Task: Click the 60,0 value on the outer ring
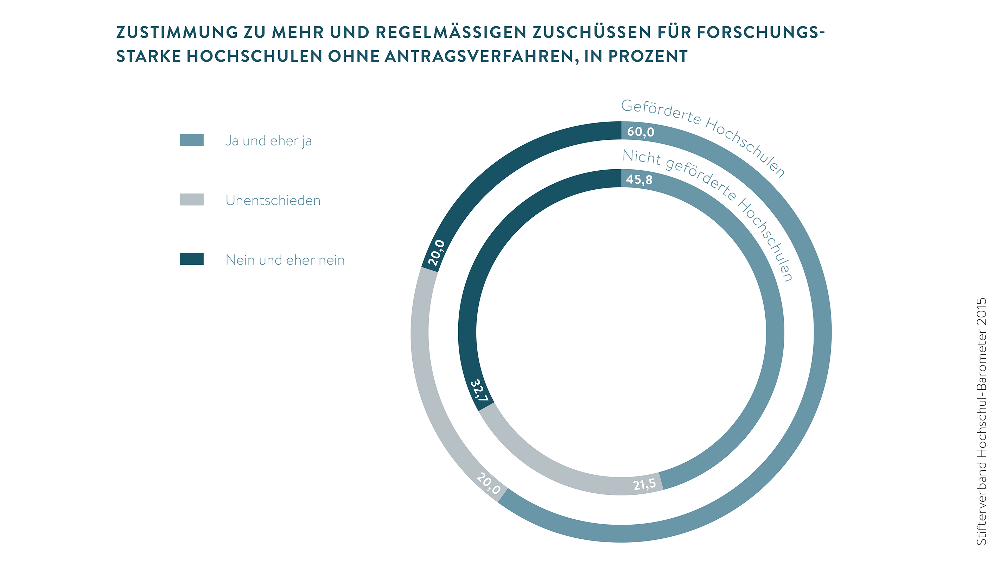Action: [x=641, y=132]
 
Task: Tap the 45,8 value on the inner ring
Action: [x=639, y=179]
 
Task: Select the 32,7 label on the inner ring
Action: [x=479, y=391]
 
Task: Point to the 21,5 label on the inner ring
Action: [x=644, y=484]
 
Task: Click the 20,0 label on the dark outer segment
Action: [x=437, y=252]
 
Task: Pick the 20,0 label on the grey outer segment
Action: [x=488, y=483]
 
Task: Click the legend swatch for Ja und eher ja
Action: [x=191, y=140]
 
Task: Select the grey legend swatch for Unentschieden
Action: [x=191, y=200]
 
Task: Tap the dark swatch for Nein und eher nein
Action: [x=191, y=259]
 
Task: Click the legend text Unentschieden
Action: [x=273, y=200]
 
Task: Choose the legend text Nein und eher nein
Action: [x=285, y=260]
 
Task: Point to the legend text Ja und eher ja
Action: [x=268, y=140]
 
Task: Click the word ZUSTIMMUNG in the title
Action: [x=177, y=32]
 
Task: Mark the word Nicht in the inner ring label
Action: [x=642, y=157]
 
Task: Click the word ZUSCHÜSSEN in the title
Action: [x=592, y=32]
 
